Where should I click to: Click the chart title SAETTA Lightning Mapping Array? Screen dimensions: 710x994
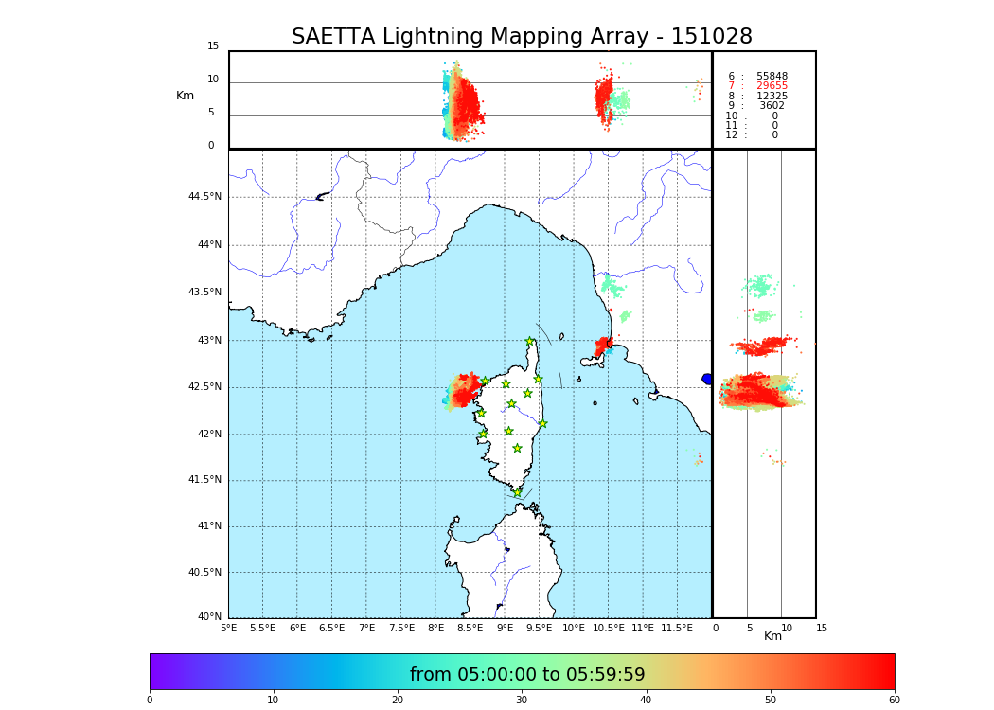pos(522,37)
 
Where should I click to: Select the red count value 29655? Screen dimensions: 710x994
pos(772,86)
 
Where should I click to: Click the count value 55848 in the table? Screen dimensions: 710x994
pos(772,77)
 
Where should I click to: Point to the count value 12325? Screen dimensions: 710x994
pos(772,97)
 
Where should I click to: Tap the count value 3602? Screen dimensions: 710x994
pos(772,106)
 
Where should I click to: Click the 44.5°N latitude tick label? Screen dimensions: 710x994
pos(204,197)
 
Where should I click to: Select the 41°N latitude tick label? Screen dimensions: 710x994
pos(208,526)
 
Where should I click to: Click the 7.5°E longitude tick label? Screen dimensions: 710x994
pos(401,629)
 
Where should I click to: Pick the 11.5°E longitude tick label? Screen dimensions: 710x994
pos(678,629)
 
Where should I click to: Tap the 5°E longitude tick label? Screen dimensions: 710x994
pos(229,629)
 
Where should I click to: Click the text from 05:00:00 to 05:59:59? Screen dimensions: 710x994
pos(527,675)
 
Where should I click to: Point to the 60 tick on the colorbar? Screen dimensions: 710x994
pos(894,701)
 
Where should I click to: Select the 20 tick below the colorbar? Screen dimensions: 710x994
pos(398,701)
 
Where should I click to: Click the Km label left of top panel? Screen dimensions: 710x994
pos(185,96)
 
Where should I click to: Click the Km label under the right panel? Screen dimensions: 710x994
pos(772,636)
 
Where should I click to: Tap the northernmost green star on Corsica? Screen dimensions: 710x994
pos(530,342)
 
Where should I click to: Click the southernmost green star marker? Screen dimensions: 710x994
pos(517,492)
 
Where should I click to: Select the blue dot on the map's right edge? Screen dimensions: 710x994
pos(707,379)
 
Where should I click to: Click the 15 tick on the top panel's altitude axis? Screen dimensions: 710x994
pos(213,46)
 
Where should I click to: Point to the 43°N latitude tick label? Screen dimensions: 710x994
pos(208,341)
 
